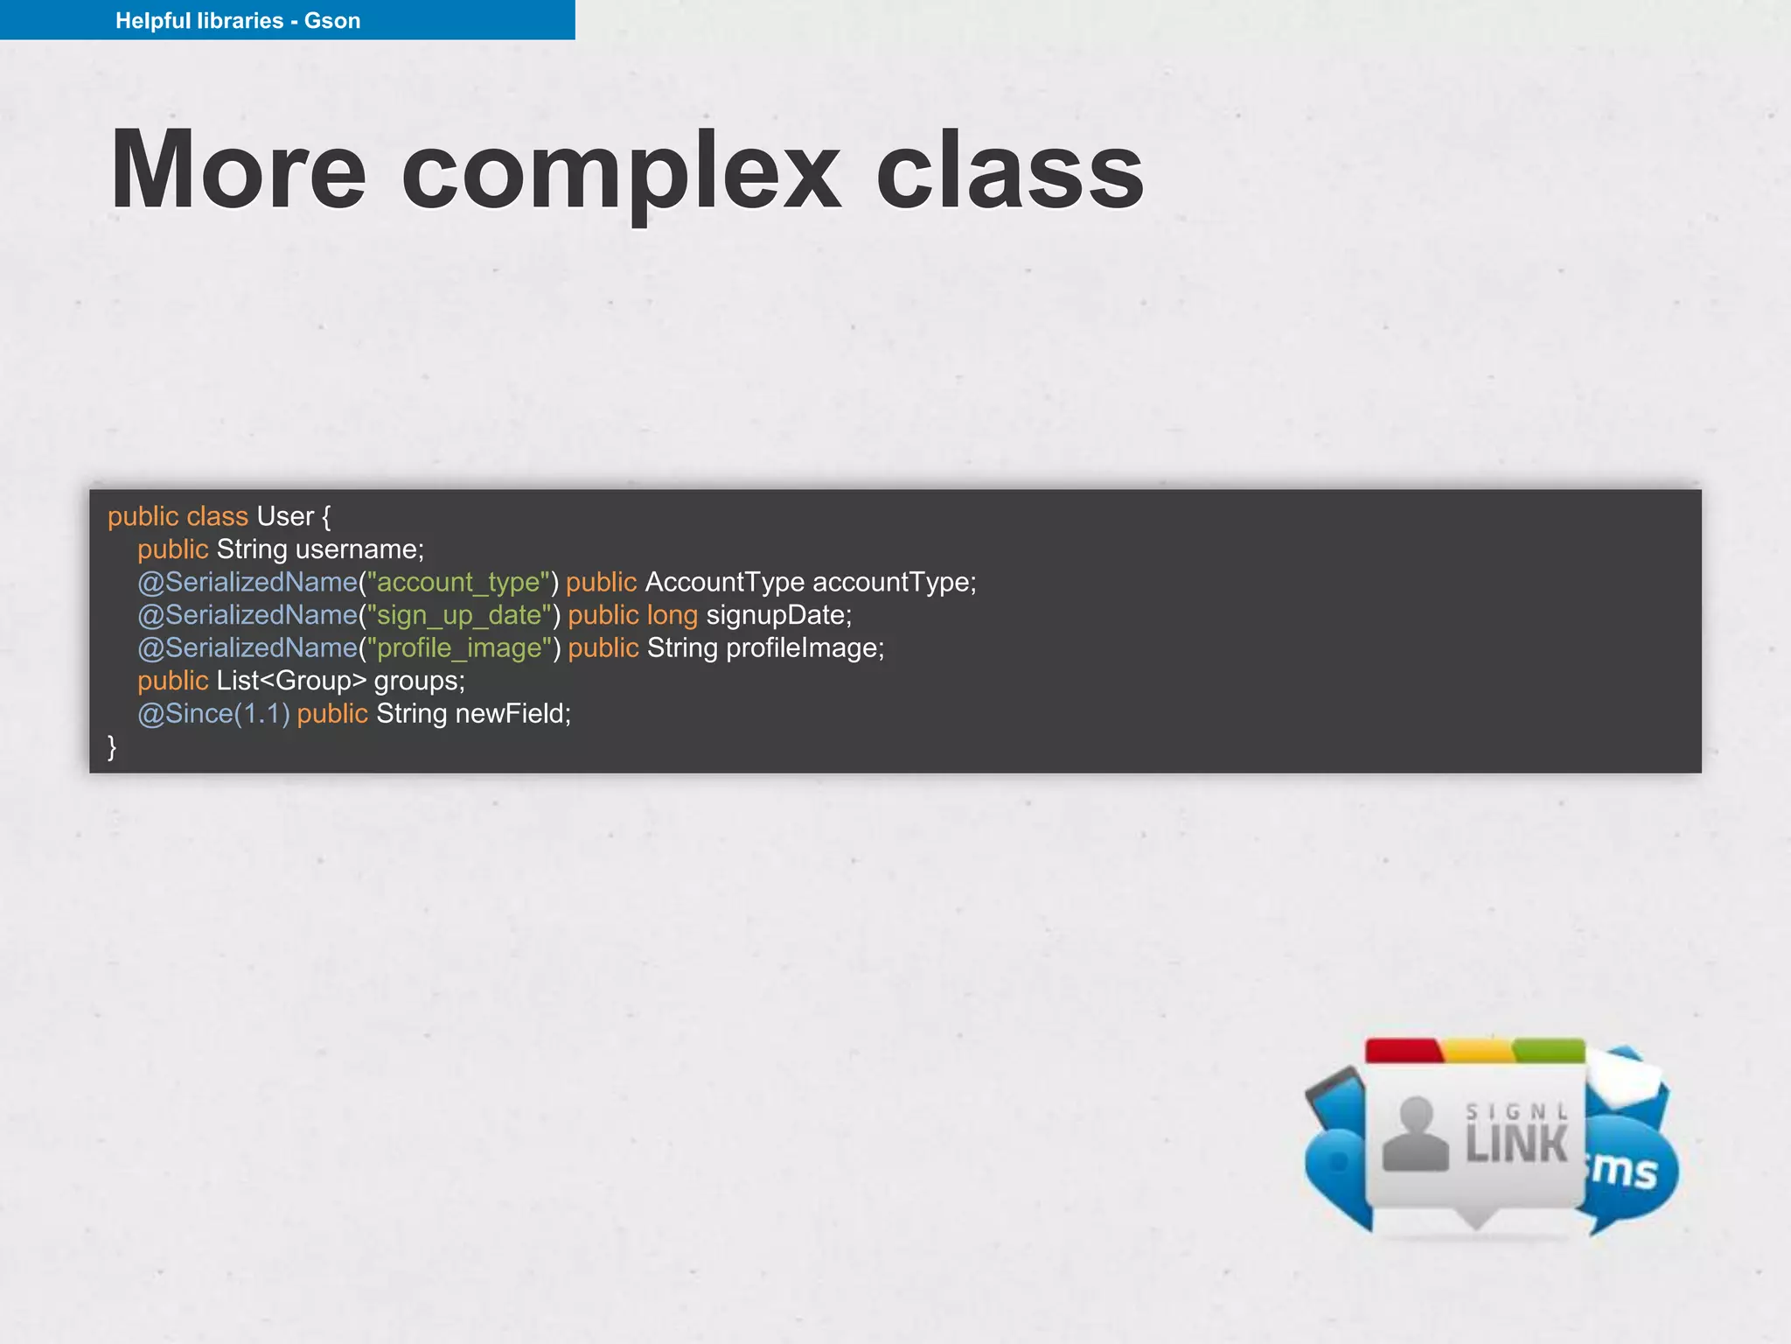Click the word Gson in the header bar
331,21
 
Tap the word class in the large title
1010,171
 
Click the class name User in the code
285,516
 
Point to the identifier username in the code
359,549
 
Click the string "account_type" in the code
458,583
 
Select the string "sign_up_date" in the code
459,616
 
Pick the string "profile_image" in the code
459,648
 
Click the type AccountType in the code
724,583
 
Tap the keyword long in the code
672,616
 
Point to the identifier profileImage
805,648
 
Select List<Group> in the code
291,681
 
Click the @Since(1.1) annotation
213,714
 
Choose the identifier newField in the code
512,714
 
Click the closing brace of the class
112,746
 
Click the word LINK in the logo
1516,1144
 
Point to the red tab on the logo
1403,1051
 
